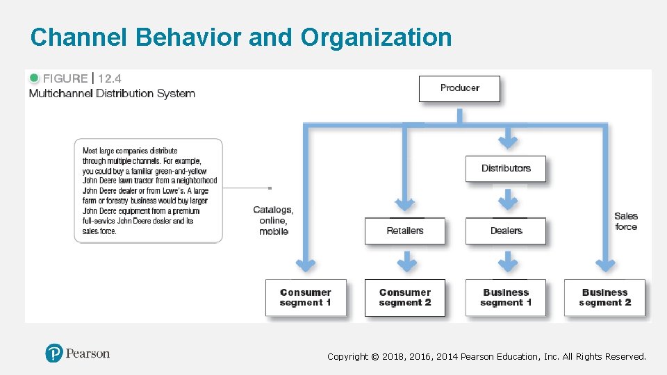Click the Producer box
pos(459,88)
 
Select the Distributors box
pos(506,168)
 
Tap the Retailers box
pos(405,231)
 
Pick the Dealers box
pos(506,231)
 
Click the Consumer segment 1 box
pos(306,297)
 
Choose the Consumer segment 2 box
pos(405,297)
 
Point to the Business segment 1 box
pos(506,297)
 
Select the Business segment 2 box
pos(604,297)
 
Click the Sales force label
pos(626,221)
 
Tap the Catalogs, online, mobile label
pos(273,220)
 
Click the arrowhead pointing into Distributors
pos(509,142)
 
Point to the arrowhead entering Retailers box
pos(405,205)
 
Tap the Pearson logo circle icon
pos(54,353)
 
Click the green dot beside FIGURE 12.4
pos(34,78)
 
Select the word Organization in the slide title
pos(376,37)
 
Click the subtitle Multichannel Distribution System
pos(112,94)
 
